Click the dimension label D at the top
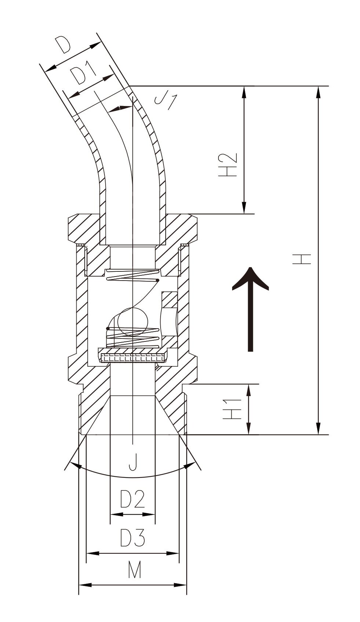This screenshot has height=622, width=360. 63,45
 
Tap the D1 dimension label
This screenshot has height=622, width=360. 82,74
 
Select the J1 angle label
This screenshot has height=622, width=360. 166,101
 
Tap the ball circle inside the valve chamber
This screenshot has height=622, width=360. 133,322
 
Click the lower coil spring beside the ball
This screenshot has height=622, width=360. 132,338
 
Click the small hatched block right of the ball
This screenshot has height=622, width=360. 169,299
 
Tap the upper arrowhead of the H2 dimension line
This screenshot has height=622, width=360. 244,92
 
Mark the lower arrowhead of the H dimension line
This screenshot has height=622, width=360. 319,428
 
